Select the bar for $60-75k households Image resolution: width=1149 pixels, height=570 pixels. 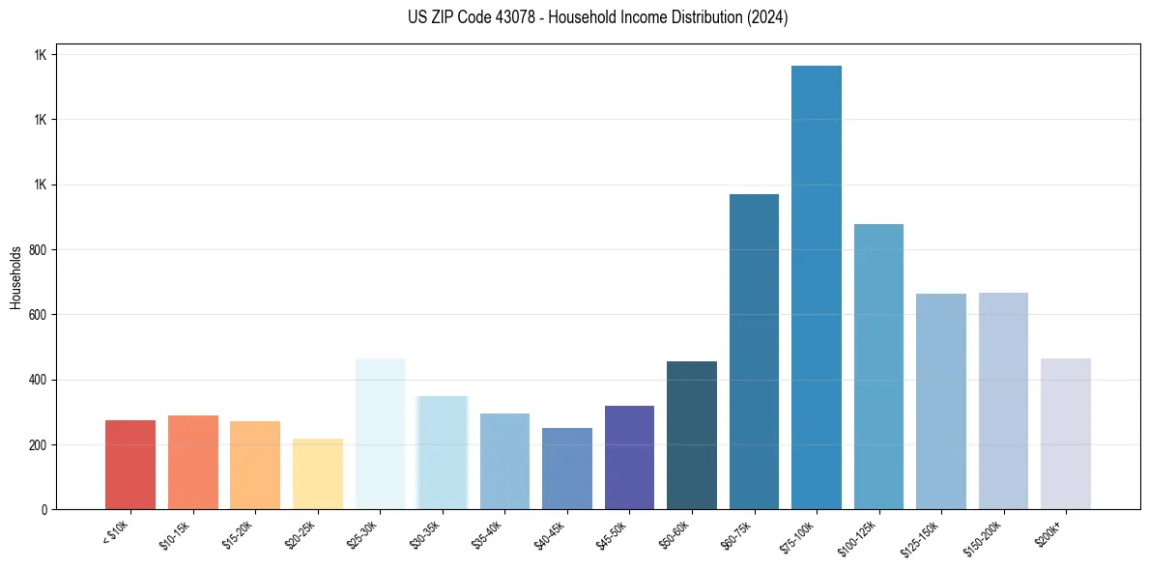(754, 352)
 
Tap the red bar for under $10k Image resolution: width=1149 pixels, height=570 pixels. (130, 465)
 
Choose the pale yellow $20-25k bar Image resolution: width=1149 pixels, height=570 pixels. (318, 474)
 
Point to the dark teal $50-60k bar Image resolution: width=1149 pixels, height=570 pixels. (692, 436)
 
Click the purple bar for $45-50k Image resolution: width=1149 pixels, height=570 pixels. (629, 457)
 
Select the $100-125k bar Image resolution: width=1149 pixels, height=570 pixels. (878, 367)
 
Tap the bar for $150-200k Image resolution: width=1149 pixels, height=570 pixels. (1003, 401)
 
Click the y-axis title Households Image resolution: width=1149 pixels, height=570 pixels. (16, 277)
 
